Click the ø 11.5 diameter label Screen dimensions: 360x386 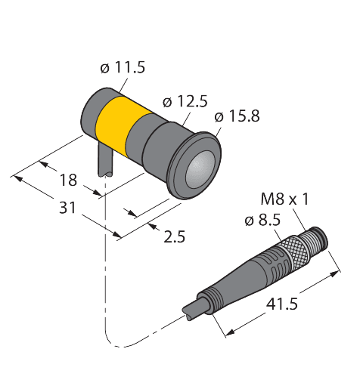[x=123, y=67]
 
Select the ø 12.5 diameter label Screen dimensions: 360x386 [x=185, y=101]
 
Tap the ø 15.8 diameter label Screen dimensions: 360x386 [x=237, y=116]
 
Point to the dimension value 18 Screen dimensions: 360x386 [x=68, y=180]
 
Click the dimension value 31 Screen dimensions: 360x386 [x=67, y=208]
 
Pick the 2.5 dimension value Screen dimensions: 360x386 [x=174, y=236]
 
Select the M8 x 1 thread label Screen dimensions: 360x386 [x=284, y=199]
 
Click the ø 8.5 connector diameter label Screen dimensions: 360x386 [x=262, y=221]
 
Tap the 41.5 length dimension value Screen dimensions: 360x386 [x=282, y=304]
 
